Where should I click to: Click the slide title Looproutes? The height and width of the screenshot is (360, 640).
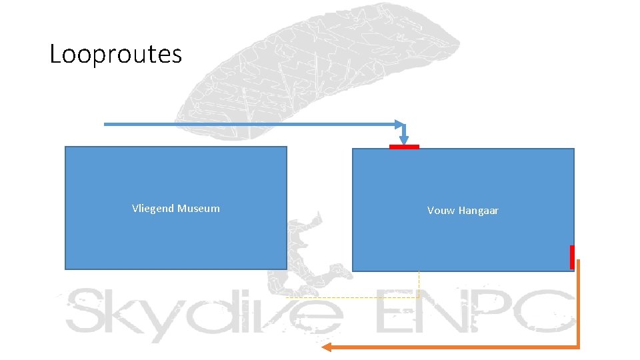(x=115, y=54)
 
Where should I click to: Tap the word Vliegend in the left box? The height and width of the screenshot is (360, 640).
(x=154, y=209)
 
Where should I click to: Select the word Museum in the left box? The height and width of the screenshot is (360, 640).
(x=199, y=209)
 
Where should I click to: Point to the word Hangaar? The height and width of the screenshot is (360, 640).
(x=478, y=211)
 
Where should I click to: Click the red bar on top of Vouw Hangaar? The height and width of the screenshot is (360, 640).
(x=404, y=147)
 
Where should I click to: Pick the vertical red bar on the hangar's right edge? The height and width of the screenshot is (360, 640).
(x=572, y=257)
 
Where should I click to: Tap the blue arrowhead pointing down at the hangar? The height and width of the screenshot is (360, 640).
(x=405, y=138)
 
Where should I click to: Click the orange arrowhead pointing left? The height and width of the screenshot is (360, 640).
(x=327, y=347)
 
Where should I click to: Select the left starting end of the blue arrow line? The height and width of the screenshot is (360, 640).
(x=106, y=124)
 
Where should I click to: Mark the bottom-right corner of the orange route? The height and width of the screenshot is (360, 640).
(x=578, y=347)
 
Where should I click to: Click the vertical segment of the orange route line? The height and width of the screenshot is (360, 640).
(x=578, y=303)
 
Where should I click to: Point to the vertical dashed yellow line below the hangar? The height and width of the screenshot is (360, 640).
(x=419, y=284)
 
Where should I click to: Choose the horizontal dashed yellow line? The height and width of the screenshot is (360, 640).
(x=353, y=297)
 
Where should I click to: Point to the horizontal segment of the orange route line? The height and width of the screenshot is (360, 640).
(x=453, y=347)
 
